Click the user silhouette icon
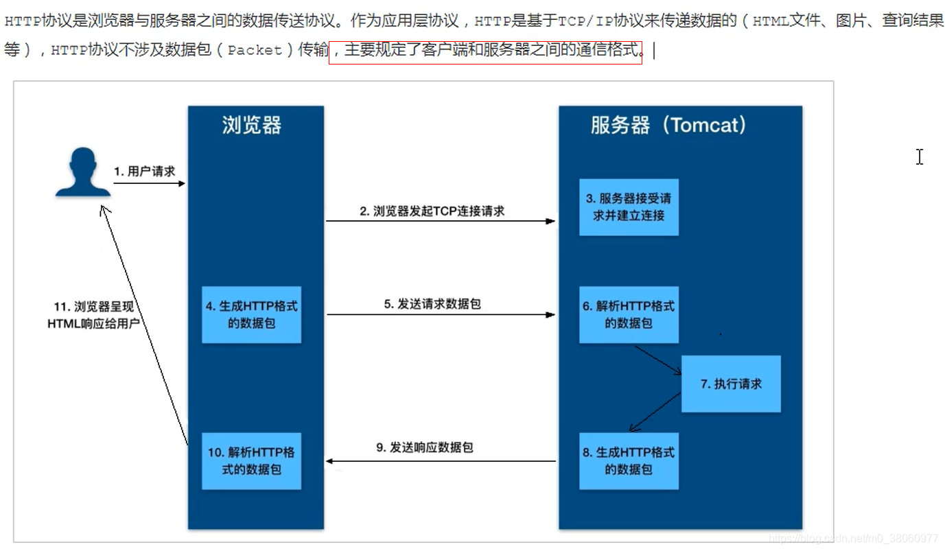point(82,172)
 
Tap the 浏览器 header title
point(252,125)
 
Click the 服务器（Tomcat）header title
point(668,125)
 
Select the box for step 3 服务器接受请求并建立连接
point(629,207)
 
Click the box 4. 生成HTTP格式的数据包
point(251,314)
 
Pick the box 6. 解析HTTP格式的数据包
point(629,314)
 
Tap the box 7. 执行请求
point(731,384)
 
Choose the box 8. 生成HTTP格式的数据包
point(629,460)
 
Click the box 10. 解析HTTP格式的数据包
point(251,460)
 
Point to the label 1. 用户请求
point(145,172)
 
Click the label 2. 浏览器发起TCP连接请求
point(432,211)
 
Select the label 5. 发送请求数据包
point(432,303)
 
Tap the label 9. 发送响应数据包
point(424,447)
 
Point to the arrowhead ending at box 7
point(678,372)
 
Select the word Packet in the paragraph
point(255,50)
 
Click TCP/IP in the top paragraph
point(585,21)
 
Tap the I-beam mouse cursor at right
point(920,157)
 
